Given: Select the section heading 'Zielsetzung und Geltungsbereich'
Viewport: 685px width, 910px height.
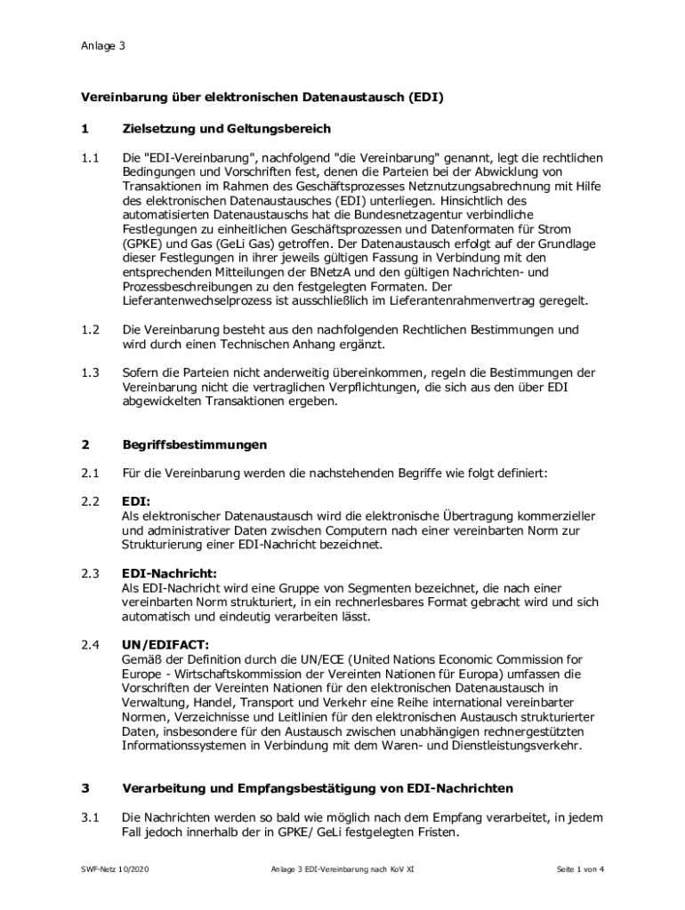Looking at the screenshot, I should [x=226, y=129].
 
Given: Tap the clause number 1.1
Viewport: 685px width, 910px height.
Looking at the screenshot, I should [x=89, y=158].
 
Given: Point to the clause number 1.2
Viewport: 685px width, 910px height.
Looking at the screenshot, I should [x=89, y=330].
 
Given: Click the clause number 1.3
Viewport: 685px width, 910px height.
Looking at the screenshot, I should [x=89, y=373].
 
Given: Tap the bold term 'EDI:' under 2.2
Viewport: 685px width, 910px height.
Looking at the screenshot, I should [x=135, y=502].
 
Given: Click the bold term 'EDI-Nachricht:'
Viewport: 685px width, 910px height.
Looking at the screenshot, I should [x=169, y=574].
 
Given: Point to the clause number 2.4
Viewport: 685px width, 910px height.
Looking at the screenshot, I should [x=89, y=645].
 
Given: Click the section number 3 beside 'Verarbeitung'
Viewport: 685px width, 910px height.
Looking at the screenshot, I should [x=85, y=788].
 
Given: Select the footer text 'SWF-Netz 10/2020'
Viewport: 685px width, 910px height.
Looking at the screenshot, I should [x=111, y=870].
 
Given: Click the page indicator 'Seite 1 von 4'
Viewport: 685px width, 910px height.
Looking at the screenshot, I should [x=579, y=870].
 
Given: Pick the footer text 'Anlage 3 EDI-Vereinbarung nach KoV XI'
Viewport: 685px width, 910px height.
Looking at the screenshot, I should [x=342, y=870].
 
